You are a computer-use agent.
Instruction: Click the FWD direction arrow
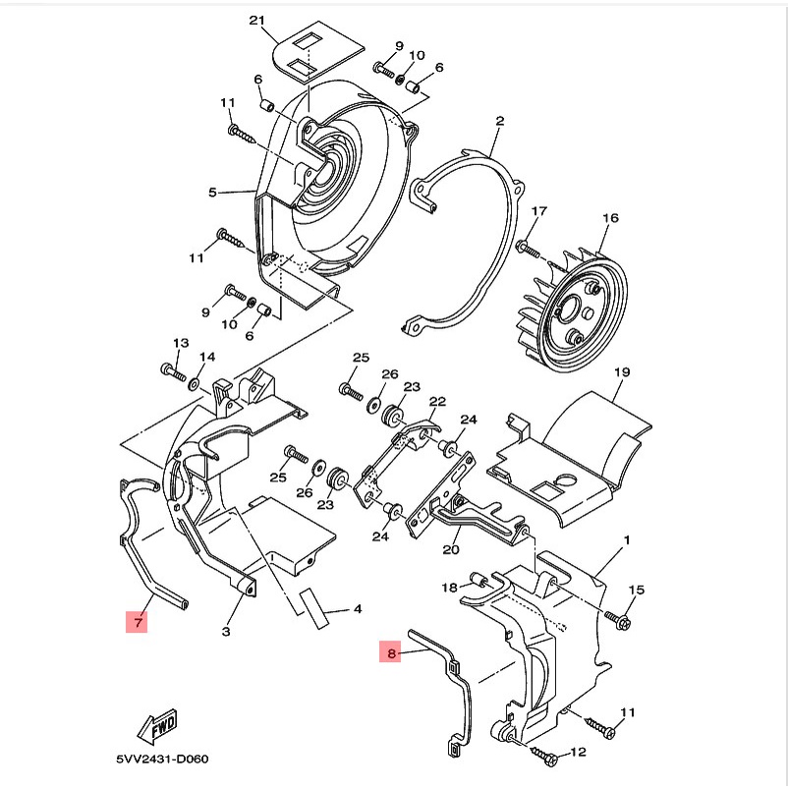click(x=158, y=727)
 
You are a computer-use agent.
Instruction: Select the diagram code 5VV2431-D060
click(x=162, y=759)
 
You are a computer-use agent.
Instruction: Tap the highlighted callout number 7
click(x=137, y=622)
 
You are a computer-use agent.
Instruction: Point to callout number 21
click(x=256, y=21)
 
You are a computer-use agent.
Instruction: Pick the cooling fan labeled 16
click(x=573, y=309)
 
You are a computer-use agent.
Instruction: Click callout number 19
click(x=622, y=371)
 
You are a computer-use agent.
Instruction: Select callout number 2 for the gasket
click(x=499, y=121)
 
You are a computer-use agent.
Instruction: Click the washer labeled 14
click(x=194, y=385)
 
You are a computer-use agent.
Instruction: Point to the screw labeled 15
click(x=618, y=619)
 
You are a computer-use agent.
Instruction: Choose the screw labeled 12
click(x=543, y=755)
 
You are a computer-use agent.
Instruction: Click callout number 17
click(x=538, y=211)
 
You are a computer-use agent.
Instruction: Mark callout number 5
click(x=212, y=192)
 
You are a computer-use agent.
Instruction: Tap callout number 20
click(x=451, y=549)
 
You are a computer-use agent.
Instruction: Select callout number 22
click(x=437, y=402)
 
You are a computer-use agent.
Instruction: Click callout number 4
click(x=358, y=609)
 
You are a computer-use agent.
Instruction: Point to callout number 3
click(x=226, y=631)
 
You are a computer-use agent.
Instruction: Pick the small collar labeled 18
click(x=478, y=582)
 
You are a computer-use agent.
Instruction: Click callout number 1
click(x=627, y=539)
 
